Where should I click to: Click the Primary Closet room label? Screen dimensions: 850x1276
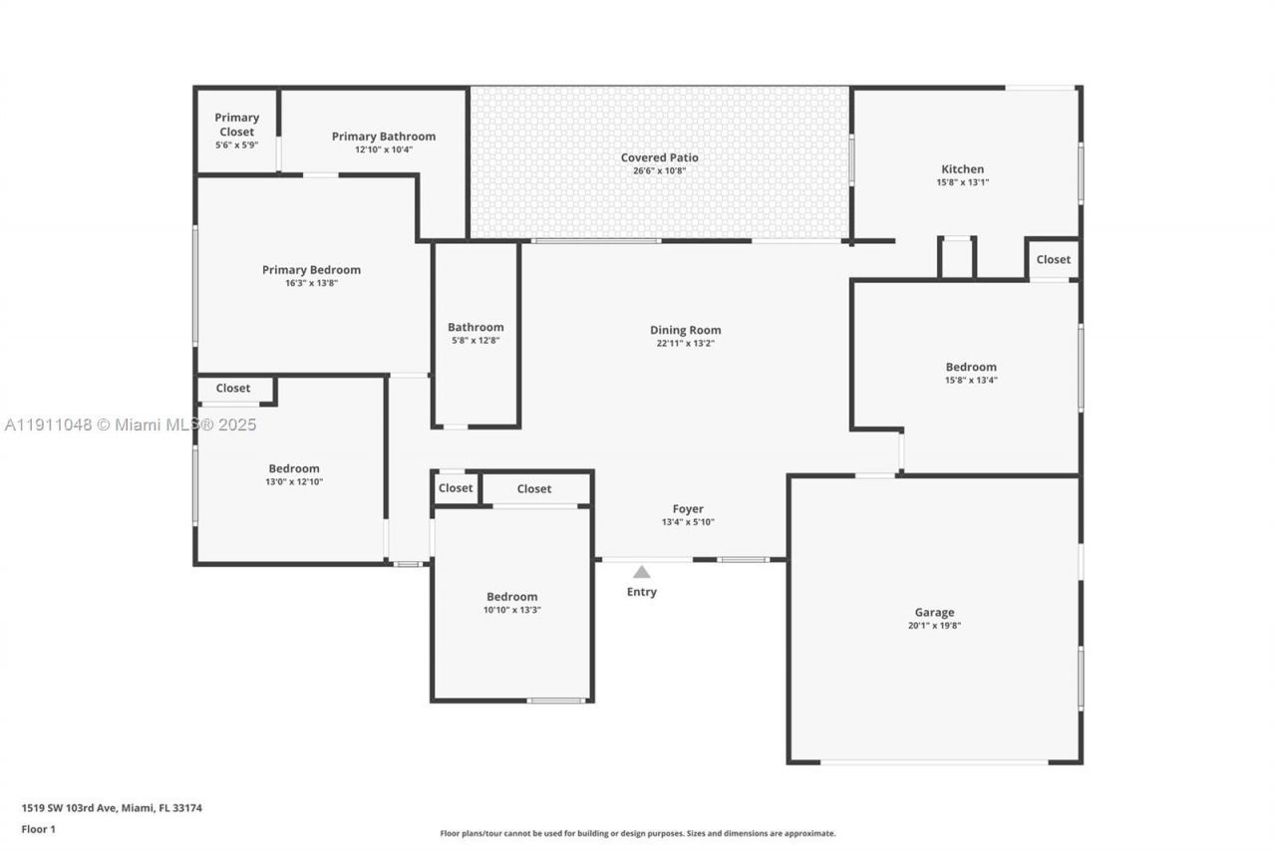pos(236,125)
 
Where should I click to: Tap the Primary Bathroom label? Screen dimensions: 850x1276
pos(384,137)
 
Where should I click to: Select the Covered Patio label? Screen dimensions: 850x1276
pos(659,157)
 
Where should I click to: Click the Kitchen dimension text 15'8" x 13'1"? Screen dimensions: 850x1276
pos(962,182)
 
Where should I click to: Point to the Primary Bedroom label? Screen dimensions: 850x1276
pos(311,270)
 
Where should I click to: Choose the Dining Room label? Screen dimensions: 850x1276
pos(685,330)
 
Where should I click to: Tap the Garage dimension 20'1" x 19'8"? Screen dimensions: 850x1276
pos(934,626)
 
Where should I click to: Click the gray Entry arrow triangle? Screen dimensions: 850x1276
pos(642,572)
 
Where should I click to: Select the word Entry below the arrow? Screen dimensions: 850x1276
pos(642,592)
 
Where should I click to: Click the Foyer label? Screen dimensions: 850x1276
pos(688,509)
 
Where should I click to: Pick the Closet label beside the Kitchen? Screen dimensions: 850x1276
pos(1053,259)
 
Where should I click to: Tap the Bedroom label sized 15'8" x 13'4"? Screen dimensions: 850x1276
pos(971,367)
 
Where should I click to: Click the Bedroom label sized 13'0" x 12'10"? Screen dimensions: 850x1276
pos(294,468)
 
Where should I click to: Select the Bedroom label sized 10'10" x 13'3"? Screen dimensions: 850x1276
pos(512,597)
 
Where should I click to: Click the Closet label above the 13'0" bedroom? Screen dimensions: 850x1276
pos(233,388)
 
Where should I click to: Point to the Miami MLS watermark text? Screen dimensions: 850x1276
pos(130,425)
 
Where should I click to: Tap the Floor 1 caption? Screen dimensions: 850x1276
pos(38,829)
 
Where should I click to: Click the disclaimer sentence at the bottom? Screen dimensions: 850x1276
pos(638,833)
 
